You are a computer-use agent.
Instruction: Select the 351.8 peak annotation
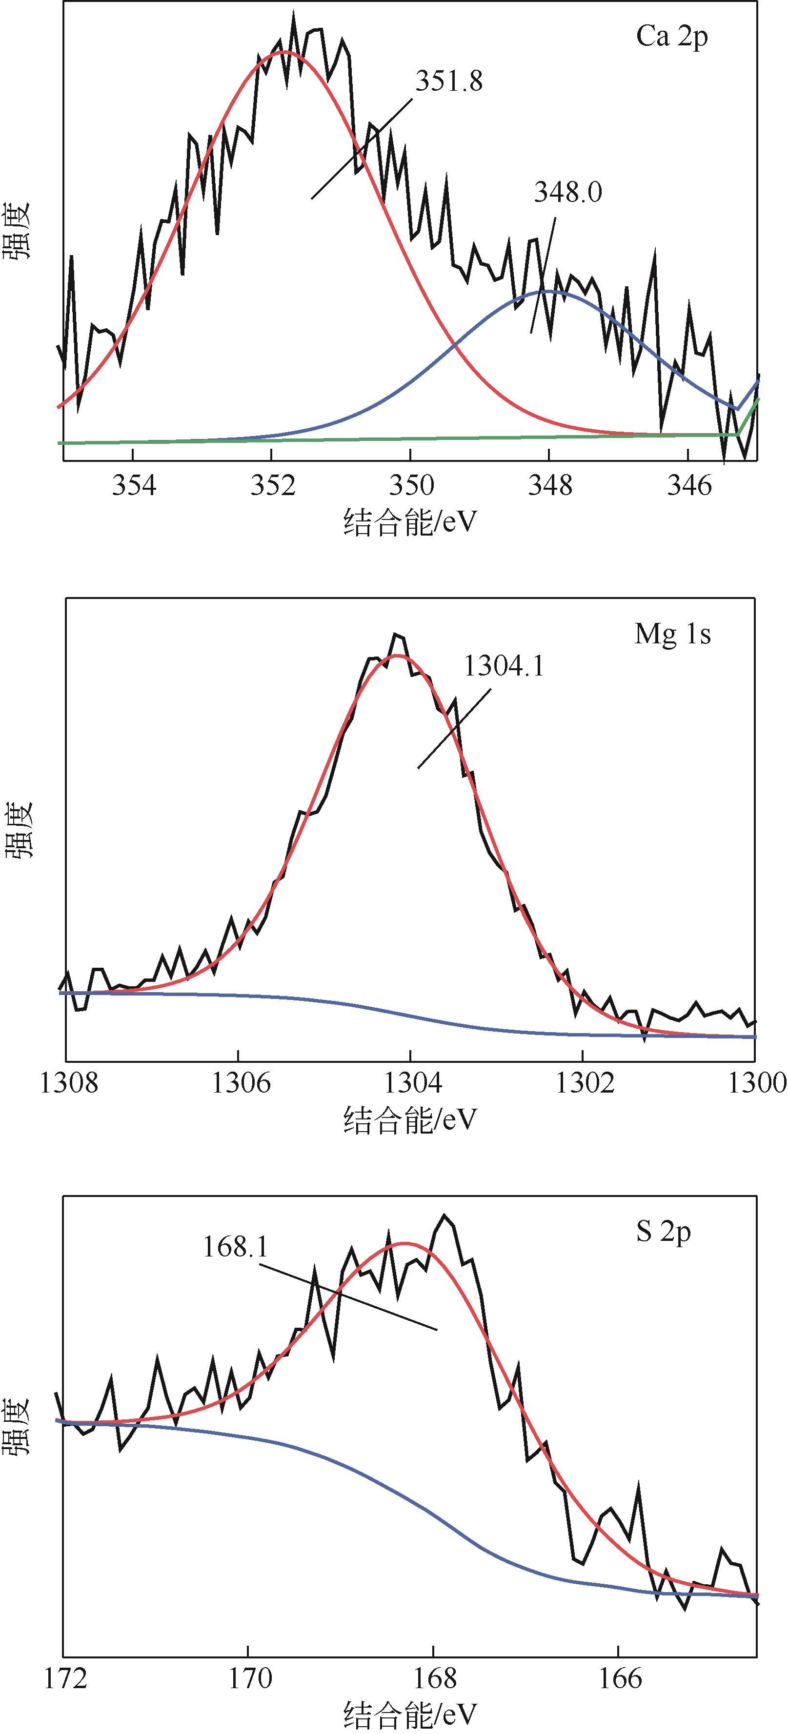pyautogui.click(x=448, y=81)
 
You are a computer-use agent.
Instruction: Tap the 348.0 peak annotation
pyautogui.click(x=568, y=193)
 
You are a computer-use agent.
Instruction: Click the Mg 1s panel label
pyautogui.click(x=672, y=634)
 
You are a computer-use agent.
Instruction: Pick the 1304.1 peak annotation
pyautogui.click(x=504, y=666)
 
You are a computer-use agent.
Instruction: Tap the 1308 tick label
pyautogui.click(x=69, y=1083)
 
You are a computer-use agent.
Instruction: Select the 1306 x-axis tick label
pyautogui.click(x=241, y=1083)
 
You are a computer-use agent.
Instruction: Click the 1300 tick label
pyautogui.click(x=757, y=1083)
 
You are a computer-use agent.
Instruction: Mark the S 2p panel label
pyautogui.click(x=664, y=1233)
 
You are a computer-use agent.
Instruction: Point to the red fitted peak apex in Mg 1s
pyautogui.click(x=398, y=655)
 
